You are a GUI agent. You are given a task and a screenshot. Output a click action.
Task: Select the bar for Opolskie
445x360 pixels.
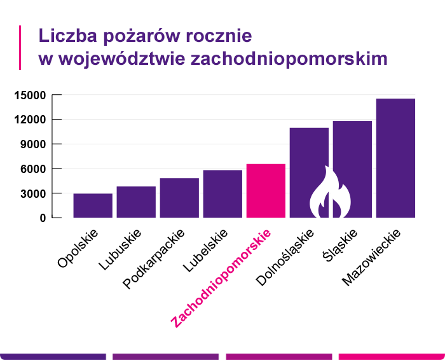click(x=93, y=205)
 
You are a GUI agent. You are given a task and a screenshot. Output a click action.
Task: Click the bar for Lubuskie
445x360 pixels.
click(x=136, y=202)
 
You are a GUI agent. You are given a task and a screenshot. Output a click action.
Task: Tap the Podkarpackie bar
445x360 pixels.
click(x=179, y=198)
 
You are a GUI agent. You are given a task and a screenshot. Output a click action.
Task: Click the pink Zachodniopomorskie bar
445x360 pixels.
click(x=266, y=190)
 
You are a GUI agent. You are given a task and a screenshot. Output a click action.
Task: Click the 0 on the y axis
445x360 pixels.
click(x=43, y=218)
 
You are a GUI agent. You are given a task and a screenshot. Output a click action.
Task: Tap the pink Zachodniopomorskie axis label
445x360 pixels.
click(x=221, y=278)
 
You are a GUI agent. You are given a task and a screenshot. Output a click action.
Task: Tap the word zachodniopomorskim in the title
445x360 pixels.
click(x=289, y=59)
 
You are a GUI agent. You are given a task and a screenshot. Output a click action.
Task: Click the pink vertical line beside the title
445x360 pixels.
click(x=20, y=47)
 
